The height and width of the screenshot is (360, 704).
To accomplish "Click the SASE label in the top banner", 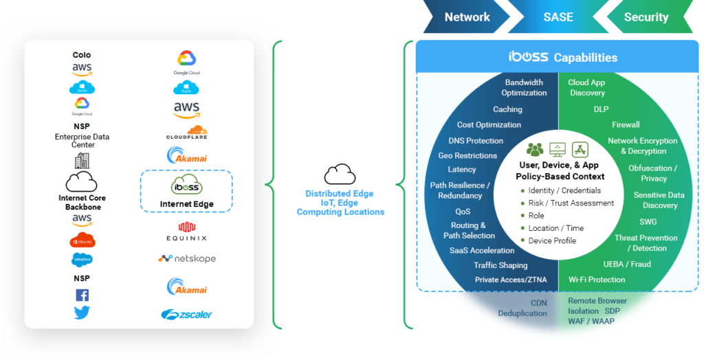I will pos(558,17).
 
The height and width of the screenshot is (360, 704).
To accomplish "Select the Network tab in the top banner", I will pos(467,17).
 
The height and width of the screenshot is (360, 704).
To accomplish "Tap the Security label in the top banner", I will pos(646,17).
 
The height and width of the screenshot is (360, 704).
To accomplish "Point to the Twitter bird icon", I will pos(82,313).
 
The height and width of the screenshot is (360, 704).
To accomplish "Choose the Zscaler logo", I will pos(186,315).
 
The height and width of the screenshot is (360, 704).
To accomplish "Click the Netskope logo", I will pos(186,259).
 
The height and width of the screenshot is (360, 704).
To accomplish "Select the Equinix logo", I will pos(186,232).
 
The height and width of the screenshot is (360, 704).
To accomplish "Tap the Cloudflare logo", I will pos(186,131).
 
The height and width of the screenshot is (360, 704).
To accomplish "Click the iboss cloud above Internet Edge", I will pos(186,186).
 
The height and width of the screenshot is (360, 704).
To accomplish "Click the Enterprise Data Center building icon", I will pos(82,161).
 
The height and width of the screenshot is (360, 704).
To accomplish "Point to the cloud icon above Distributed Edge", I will pos(340,173).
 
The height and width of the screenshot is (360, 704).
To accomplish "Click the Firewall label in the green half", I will pos(626,125).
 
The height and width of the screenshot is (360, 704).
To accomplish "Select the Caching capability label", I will pos(507,109).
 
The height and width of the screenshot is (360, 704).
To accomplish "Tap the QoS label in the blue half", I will pos(463,212).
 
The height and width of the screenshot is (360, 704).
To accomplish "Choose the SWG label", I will pos(648,222).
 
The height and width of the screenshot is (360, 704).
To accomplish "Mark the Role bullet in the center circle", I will pos(536,216).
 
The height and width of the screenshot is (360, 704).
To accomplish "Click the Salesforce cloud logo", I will pos(82,259).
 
